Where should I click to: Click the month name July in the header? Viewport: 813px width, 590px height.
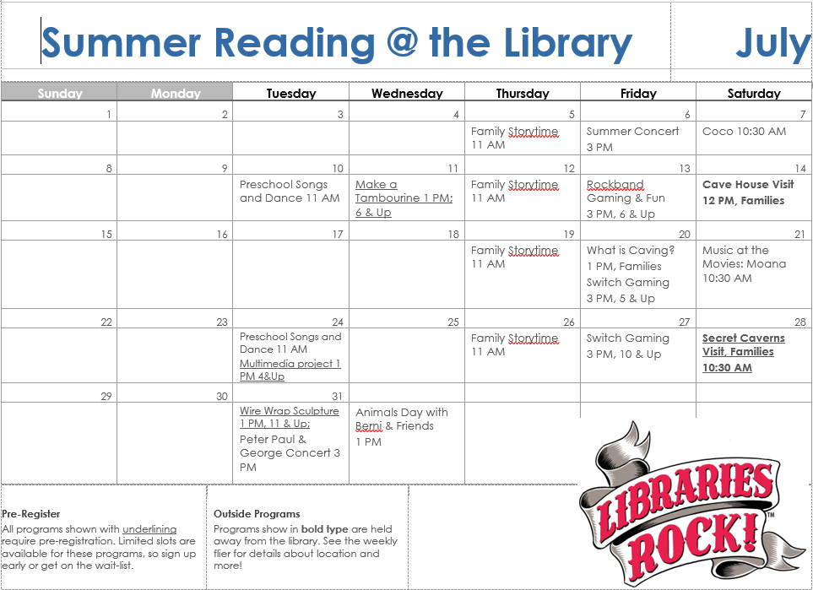tap(773, 45)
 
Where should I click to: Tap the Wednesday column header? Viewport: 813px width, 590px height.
tap(407, 94)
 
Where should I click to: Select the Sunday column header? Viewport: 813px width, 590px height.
tap(60, 94)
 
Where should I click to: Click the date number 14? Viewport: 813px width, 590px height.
tap(800, 168)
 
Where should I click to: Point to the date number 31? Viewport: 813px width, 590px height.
tap(337, 396)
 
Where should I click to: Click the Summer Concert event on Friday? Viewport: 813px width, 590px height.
tap(632, 139)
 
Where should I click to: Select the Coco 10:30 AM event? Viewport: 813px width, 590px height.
tap(744, 132)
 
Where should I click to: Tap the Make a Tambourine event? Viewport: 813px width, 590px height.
tap(404, 198)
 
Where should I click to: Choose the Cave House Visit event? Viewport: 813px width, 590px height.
tap(748, 192)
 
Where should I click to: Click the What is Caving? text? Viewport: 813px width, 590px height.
tap(631, 251)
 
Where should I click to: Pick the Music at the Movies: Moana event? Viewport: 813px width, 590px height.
tap(744, 264)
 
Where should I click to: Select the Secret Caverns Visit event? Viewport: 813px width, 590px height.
tap(744, 353)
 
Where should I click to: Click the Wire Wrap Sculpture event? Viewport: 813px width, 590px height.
tap(290, 417)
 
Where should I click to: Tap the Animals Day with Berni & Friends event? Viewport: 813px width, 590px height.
tap(402, 427)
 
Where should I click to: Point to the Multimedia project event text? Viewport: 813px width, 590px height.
tap(290, 370)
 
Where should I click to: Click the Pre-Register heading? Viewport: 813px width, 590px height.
tap(31, 514)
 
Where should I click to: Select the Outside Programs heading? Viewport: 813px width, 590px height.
tap(257, 514)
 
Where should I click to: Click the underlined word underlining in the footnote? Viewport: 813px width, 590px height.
tap(149, 529)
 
